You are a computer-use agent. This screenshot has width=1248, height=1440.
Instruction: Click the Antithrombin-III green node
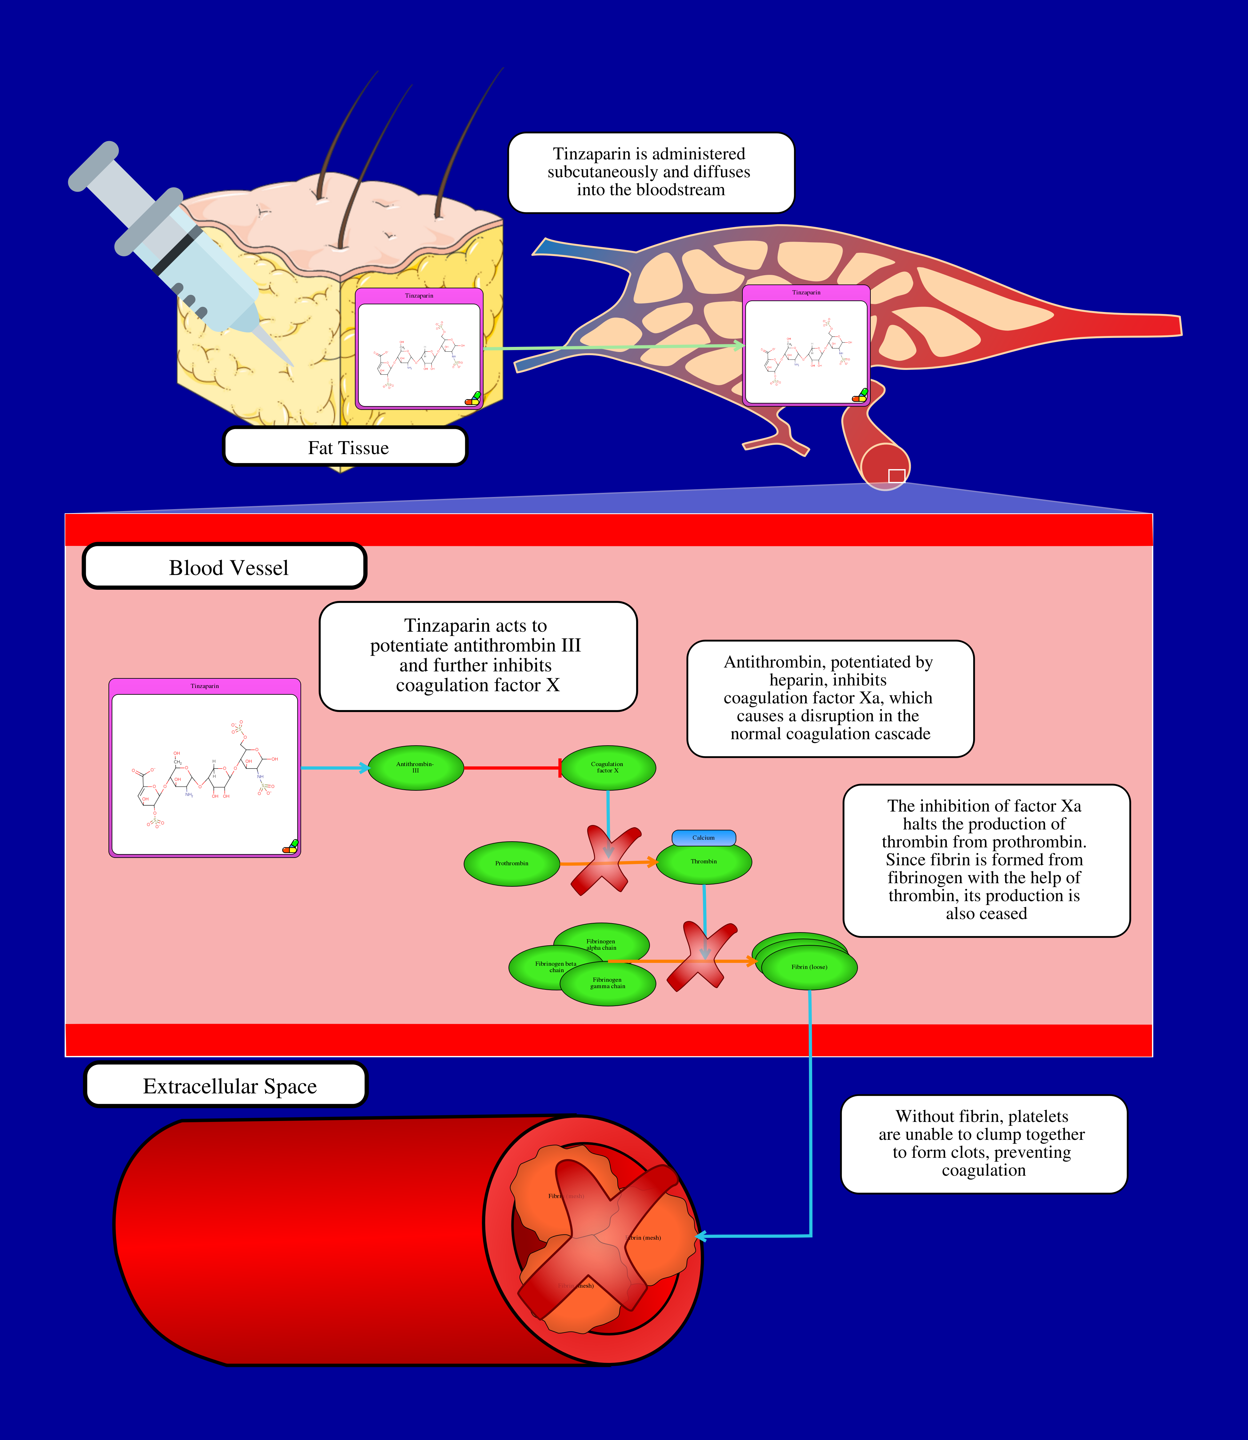click(416, 768)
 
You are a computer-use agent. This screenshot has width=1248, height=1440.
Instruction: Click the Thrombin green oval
click(704, 863)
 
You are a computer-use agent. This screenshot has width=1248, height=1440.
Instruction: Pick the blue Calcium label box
click(703, 838)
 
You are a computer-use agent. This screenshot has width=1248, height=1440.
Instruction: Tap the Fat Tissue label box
click(345, 447)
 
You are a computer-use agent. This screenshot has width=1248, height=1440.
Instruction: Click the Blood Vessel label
click(225, 567)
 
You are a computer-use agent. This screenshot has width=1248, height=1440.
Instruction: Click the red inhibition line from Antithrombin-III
click(512, 768)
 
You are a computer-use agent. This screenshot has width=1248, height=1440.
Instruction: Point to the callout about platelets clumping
click(983, 1143)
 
